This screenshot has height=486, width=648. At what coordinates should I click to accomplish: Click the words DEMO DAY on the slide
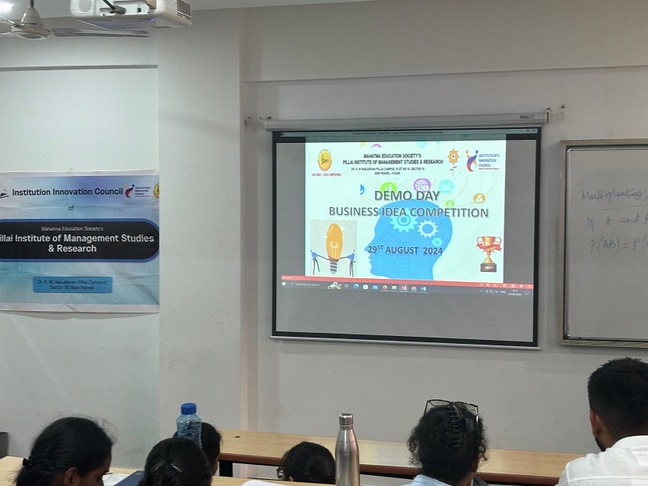click(407, 195)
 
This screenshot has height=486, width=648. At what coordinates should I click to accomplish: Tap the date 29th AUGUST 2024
click(404, 251)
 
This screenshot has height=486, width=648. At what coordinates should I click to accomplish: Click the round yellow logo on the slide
click(325, 159)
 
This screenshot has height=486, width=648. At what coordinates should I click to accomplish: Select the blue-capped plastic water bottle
click(188, 425)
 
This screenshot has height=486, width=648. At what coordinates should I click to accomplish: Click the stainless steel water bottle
click(347, 451)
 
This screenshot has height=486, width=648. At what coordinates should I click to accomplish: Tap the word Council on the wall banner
click(103, 191)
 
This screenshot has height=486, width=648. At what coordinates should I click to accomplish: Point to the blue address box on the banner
click(73, 284)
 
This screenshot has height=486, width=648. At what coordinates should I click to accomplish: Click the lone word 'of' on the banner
click(70, 209)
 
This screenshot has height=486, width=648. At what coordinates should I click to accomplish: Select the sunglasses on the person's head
click(452, 406)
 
